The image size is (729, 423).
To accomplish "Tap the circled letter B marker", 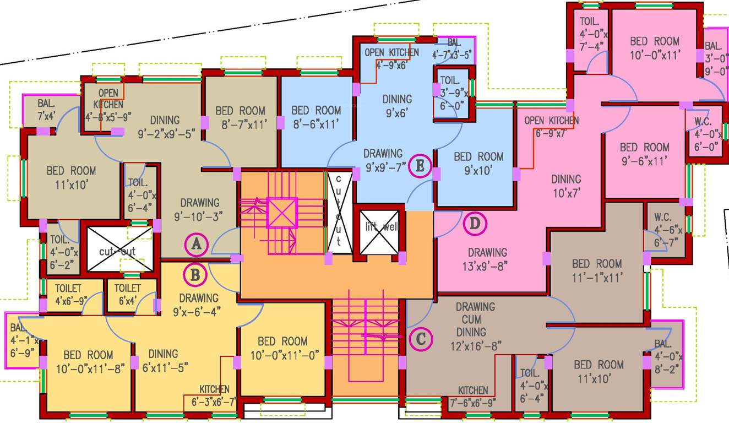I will pyautogui.click(x=195, y=274).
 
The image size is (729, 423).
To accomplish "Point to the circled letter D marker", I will pyautogui.click(x=475, y=224).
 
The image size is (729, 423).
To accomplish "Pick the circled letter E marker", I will pyautogui.click(x=420, y=166).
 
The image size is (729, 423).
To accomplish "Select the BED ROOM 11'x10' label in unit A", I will pyautogui.click(x=71, y=177).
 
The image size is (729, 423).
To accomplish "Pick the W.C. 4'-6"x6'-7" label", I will pyautogui.click(x=665, y=229).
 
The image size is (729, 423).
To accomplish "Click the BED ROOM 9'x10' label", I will pyautogui.click(x=478, y=164).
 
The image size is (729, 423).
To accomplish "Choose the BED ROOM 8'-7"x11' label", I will pyautogui.click(x=240, y=117).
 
